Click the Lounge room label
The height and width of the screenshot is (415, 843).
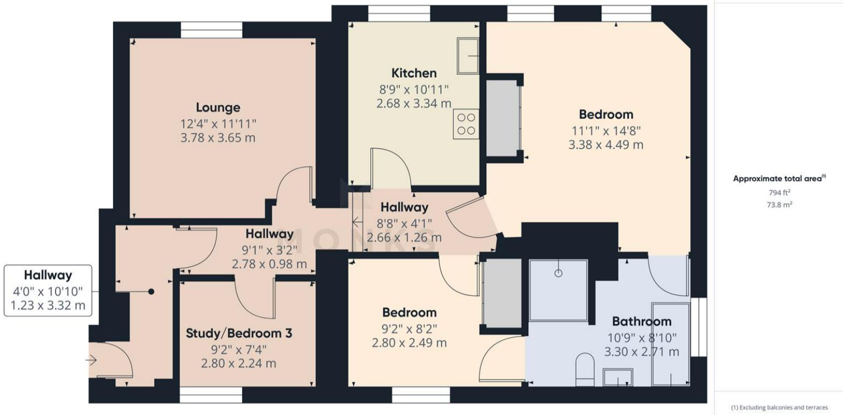tap(218, 108)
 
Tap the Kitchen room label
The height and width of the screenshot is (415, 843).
tap(414, 73)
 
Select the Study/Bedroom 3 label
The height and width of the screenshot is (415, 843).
tap(239, 333)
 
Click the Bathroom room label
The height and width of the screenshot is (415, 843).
tap(642, 321)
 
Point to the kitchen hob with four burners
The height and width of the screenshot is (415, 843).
tap(466, 124)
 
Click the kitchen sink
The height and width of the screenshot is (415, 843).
tap(468, 56)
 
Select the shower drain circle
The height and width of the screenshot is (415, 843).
tap(558, 273)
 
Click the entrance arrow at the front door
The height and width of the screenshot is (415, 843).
tap(91, 361)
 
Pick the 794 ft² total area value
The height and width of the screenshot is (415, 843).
tap(780, 193)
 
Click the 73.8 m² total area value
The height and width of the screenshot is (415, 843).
tap(780, 205)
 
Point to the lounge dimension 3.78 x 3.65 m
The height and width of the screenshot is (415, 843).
tap(218, 138)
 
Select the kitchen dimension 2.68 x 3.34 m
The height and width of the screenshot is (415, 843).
tap(414, 103)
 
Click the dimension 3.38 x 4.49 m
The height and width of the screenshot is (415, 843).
tap(606, 145)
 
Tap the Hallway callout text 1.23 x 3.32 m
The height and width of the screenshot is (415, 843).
tap(48, 306)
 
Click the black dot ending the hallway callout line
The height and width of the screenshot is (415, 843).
tap(151, 291)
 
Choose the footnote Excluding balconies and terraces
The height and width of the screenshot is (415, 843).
tap(780, 407)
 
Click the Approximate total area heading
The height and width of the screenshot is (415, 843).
tap(777, 179)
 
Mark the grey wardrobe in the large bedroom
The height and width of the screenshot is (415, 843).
tap(503, 118)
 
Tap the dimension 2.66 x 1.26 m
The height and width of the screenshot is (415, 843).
tap(404, 238)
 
